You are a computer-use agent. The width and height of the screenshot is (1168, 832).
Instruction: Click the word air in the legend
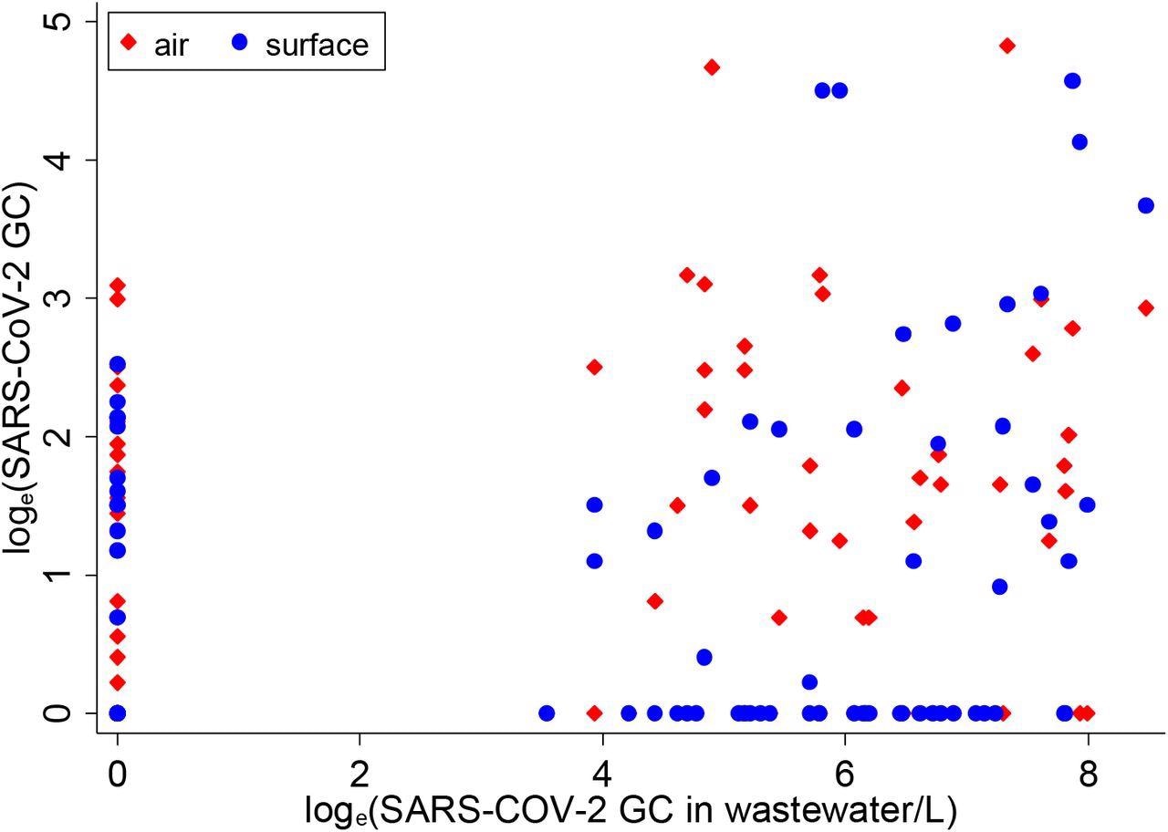click(171, 46)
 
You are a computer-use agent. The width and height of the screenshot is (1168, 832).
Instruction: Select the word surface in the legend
click(317, 46)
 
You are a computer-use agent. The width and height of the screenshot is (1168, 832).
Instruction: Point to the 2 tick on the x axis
click(360, 764)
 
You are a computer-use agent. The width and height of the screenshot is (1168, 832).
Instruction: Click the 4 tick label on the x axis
click(602, 764)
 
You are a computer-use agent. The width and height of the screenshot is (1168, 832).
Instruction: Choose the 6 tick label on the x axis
click(845, 764)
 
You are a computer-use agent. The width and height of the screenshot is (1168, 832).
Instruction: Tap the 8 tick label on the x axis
click(1088, 764)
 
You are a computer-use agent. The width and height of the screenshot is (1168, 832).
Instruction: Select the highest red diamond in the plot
click(1007, 46)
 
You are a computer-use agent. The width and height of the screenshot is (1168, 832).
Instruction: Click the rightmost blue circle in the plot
click(1146, 206)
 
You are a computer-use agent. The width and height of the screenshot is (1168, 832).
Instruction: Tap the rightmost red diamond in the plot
click(1146, 308)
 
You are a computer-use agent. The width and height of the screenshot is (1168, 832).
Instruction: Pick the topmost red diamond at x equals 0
click(117, 286)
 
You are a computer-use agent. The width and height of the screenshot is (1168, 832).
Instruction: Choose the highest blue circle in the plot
click(1072, 81)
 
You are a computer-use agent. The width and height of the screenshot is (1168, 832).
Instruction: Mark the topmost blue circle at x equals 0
click(117, 365)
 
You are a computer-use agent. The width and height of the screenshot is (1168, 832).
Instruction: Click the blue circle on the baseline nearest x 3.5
click(547, 712)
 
